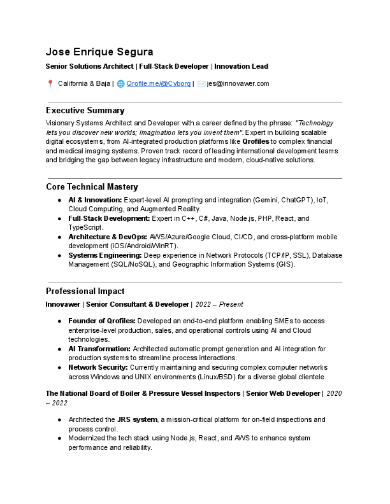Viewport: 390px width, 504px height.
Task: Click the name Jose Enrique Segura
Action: [99, 52]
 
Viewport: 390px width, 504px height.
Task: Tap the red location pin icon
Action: [50, 83]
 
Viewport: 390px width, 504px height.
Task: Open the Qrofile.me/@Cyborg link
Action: [158, 83]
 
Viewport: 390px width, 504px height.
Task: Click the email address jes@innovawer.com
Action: [238, 83]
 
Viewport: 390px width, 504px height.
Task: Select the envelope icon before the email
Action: [201, 83]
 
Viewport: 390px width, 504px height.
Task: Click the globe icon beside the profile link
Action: [120, 83]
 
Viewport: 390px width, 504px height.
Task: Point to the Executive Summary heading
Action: [85, 111]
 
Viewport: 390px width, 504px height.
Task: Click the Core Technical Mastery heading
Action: [92, 187]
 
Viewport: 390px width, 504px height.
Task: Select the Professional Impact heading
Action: [85, 291]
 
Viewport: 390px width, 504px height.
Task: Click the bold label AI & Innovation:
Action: [95, 200]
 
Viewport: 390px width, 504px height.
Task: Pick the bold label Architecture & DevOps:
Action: [108, 237]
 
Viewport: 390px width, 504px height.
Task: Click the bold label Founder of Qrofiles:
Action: [102, 321]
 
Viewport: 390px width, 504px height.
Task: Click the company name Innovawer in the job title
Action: [63, 305]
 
